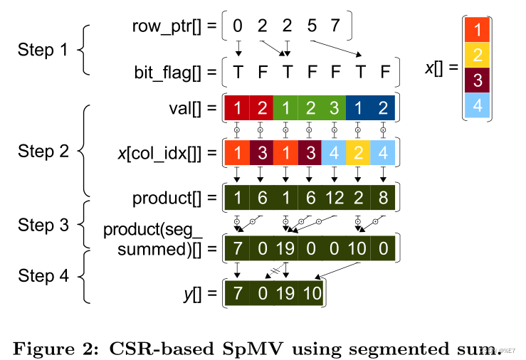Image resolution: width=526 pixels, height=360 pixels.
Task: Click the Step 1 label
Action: (x=42, y=51)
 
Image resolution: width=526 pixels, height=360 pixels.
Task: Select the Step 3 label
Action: (x=42, y=226)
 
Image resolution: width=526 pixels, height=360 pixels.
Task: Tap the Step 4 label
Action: (x=42, y=276)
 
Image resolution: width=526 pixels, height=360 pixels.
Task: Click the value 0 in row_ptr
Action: (x=238, y=27)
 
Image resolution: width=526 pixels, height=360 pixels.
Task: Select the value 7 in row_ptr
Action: (x=335, y=27)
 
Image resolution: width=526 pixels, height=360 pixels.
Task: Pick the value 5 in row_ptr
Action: (x=310, y=27)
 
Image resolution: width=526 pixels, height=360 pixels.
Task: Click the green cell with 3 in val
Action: (x=333, y=109)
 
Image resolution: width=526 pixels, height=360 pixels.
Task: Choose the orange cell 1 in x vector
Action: (x=478, y=30)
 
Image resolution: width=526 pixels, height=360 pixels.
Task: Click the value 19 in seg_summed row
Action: (x=285, y=250)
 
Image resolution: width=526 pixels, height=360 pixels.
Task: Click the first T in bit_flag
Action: (x=238, y=72)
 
